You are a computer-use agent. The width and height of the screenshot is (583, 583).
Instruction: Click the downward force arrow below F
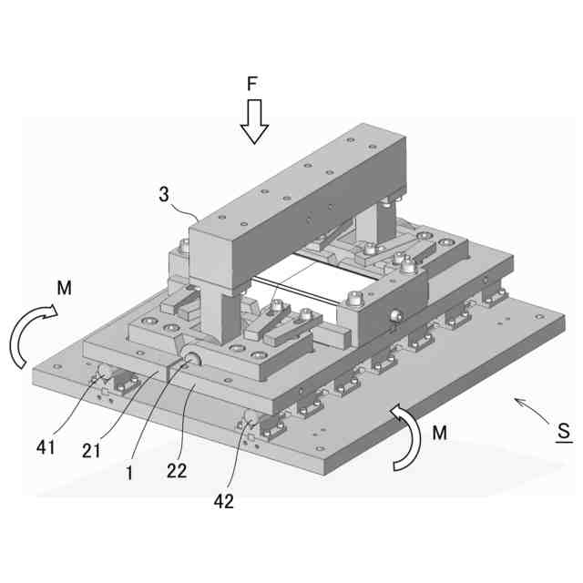coord(254,120)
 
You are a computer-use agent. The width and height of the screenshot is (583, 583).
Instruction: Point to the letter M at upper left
coord(64,289)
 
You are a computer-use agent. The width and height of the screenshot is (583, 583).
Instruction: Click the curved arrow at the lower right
coord(404,437)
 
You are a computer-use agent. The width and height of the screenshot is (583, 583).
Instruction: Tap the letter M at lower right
coord(439,434)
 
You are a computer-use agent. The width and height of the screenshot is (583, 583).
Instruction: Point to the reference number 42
coord(223,500)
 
